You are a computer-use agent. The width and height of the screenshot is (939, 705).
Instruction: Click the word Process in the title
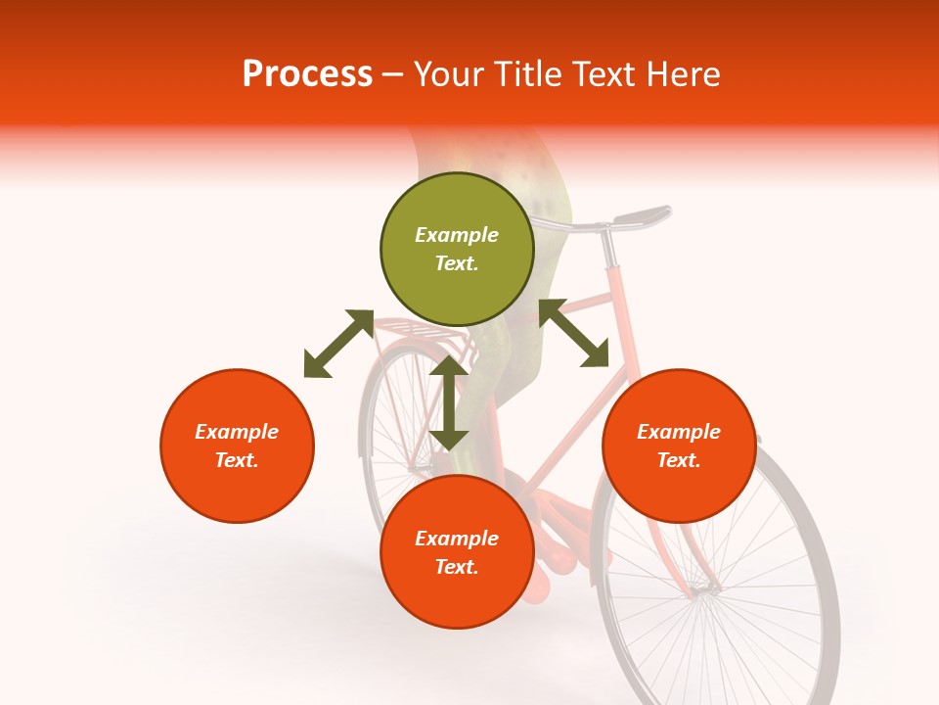pyautogui.click(x=307, y=74)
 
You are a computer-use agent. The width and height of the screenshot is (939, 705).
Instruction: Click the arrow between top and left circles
pyautogui.click(x=338, y=344)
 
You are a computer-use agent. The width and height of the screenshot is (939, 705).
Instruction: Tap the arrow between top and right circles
pyautogui.click(x=573, y=334)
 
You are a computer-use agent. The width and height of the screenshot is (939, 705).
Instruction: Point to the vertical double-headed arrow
pyautogui.click(x=449, y=402)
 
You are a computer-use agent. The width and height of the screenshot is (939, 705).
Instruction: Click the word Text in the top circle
pyautogui.click(x=457, y=263)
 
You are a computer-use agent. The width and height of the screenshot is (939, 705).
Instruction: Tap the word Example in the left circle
pyautogui.click(x=237, y=432)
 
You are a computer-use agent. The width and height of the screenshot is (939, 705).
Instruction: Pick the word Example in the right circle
pyautogui.click(x=679, y=432)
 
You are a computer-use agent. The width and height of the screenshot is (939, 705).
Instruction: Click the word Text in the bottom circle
pyautogui.click(x=457, y=567)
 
